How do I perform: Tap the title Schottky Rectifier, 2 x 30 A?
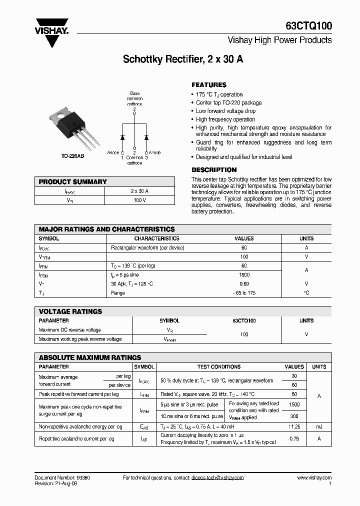[x=183, y=59]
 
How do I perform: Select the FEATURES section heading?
[x=209, y=85]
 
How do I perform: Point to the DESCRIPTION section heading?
[x=214, y=170]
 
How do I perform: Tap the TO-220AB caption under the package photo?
[x=72, y=156]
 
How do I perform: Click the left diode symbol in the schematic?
[x=122, y=137]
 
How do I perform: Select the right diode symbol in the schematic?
[x=146, y=137]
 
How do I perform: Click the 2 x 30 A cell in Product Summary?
[x=139, y=191]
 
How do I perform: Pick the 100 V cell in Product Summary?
[x=139, y=200]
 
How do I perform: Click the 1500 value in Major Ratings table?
[x=244, y=275]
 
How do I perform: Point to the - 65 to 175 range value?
[x=244, y=293]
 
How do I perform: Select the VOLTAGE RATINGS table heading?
[x=70, y=311]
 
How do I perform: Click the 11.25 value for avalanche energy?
[x=294, y=426]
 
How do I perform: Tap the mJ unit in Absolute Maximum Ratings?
[x=319, y=426]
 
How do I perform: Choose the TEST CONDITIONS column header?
[x=219, y=367]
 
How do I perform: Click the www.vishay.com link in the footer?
[x=314, y=478]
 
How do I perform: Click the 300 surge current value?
[x=294, y=416]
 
